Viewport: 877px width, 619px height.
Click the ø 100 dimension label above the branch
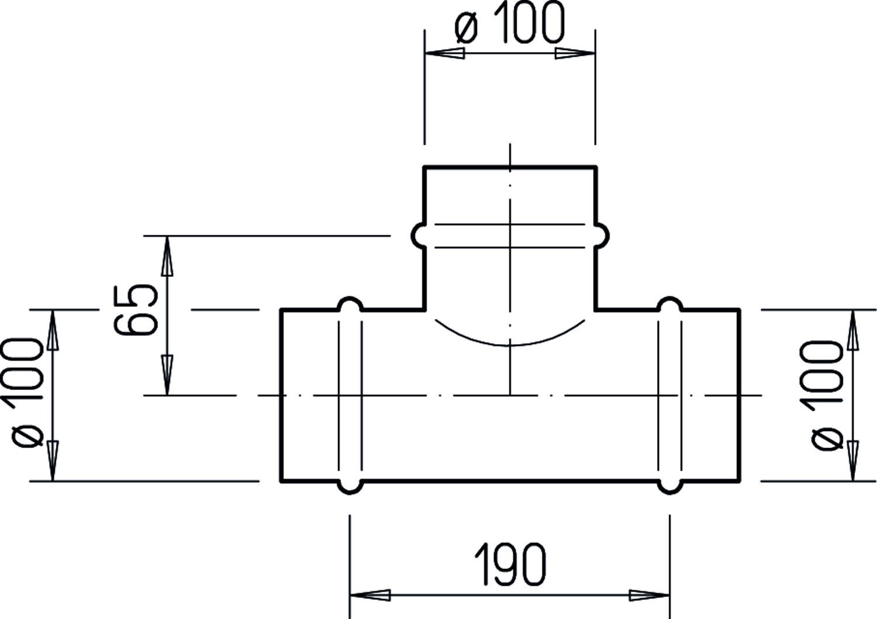tap(510, 23)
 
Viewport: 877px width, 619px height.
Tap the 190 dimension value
tap(510, 565)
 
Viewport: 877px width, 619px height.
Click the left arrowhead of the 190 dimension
tap(370, 596)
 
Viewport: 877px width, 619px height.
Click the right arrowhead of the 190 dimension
tap(649, 596)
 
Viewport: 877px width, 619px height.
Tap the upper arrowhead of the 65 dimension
tap(167, 256)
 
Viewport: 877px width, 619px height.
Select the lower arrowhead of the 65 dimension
tap(167, 375)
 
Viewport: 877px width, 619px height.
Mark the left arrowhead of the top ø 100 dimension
tap(445, 53)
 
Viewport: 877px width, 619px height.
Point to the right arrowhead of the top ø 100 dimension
tap(575, 53)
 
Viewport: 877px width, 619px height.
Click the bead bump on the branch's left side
tap(418, 236)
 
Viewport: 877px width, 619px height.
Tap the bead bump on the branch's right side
tap(602, 236)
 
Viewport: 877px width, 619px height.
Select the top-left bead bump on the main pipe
tap(350, 303)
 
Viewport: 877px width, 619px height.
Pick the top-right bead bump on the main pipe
tap(670, 303)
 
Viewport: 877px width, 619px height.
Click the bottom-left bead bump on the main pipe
tap(350, 488)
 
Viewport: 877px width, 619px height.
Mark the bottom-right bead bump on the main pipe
tap(670, 488)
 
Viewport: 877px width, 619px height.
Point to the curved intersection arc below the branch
tap(510, 345)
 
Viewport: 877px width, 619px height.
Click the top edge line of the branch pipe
tap(510, 167)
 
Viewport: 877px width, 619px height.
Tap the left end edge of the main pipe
tap(281, 395)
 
